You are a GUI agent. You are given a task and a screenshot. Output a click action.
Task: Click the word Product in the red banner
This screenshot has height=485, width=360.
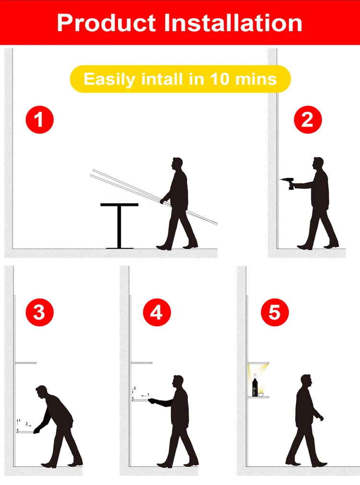click(106, 23)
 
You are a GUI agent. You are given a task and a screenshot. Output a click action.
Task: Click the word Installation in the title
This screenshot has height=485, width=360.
click(232, 23)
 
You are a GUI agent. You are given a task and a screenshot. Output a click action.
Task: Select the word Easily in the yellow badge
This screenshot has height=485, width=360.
click(109, 80)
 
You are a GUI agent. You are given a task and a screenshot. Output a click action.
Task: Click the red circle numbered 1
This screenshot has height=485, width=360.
click(40, 120)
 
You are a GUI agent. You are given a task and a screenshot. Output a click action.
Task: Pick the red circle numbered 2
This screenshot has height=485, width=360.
click(308, 120)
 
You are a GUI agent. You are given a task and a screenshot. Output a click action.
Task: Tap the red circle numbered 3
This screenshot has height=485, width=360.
click(40, 312)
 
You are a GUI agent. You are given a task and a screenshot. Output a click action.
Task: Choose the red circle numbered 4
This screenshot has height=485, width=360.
click(156, 312)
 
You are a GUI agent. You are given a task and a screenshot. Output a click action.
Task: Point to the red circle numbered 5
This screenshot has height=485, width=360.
click(275, 312)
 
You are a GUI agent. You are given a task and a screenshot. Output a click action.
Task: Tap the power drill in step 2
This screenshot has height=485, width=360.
click(287, 183)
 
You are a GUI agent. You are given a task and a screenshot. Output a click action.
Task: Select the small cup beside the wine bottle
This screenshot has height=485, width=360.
click(261, 395)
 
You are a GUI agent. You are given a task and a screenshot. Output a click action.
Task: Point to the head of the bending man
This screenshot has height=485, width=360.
click(41, 391)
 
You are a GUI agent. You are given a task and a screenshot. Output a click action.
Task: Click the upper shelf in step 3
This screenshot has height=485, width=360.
click(26, 363)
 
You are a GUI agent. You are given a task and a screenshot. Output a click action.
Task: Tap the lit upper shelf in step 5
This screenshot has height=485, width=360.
click(258, 363)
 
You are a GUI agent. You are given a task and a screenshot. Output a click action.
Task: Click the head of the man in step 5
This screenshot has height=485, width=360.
click(306, 380)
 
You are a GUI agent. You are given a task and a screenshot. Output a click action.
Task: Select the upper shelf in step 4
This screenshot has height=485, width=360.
click(142, 363)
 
